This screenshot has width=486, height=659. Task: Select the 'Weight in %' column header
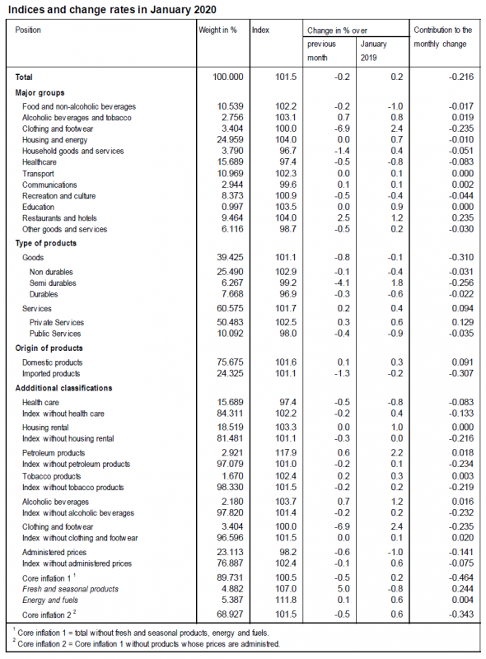[x=217, y=30]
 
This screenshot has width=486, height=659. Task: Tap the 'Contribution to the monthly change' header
[x=442, y=36]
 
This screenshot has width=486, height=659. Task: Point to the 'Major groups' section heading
[x=40, y=93]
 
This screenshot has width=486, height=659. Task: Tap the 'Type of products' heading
[x=46, y=243]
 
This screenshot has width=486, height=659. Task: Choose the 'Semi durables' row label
[x=54, y=283]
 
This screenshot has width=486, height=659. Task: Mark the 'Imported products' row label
[x=53, y=373]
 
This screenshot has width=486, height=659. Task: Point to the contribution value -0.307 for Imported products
[x=461, y=373]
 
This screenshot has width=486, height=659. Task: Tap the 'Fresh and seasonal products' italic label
[x=71, y=589]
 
